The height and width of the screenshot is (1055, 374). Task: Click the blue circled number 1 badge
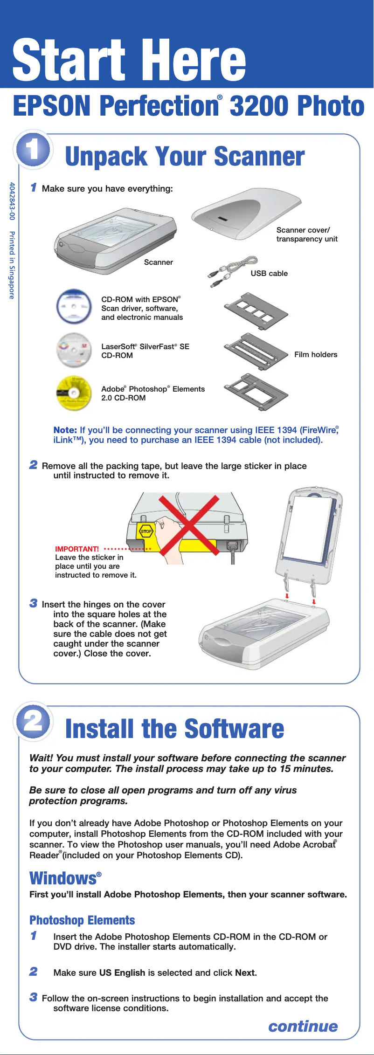point(33,150)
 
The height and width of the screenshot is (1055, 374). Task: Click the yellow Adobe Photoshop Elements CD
point(74,393)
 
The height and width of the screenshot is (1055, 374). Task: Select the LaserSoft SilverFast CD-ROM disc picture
point(73,350)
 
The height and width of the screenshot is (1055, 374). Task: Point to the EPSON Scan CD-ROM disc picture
point(74,307)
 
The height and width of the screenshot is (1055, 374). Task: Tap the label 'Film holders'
point(316,355)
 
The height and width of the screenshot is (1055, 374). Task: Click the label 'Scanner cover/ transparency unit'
point(306,234)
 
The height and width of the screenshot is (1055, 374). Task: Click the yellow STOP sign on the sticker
point(146,531)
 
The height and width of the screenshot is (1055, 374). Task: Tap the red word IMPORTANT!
point(77,549)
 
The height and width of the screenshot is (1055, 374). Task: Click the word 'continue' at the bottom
point(303,1026)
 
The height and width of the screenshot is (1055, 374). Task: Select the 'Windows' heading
point(63,878)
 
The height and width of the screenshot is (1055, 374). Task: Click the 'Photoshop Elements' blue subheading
point(82,920)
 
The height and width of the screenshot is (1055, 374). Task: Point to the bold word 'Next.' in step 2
point(246,972)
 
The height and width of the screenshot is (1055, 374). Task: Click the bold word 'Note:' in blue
point(65,430)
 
